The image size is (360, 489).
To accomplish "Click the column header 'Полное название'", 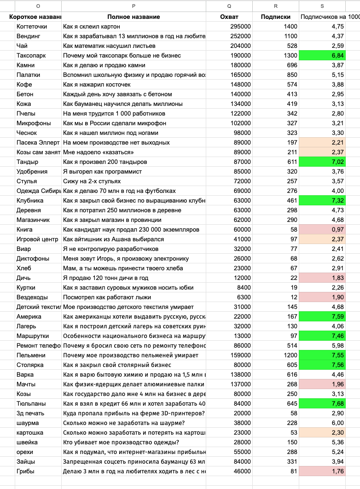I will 134,17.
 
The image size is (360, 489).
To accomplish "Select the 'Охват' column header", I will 229,17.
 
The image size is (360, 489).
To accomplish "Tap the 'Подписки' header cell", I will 275,17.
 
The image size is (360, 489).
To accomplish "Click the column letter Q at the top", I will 229,6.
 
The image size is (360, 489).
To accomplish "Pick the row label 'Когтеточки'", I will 32,27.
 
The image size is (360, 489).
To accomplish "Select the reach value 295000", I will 240,27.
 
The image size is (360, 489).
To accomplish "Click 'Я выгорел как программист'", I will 102,171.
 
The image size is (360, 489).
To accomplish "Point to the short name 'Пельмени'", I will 30,355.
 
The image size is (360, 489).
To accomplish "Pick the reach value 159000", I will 240,355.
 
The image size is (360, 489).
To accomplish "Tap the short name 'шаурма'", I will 28,423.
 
